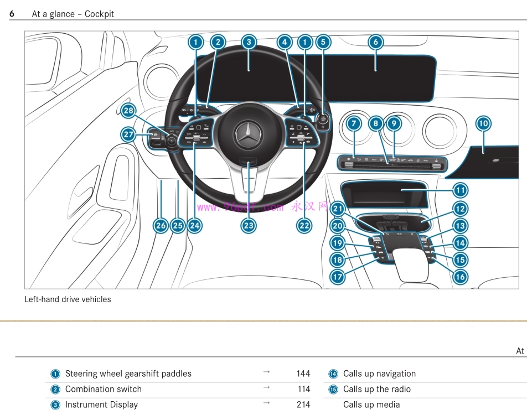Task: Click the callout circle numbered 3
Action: pyautogui.click(x=249, y=42)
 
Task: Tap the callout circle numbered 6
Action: pyautogui.click(x=375, y=42)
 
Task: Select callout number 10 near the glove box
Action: pyautogui.click(x=483, y=123)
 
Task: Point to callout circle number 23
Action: pyautogui.click(x=249, y=225)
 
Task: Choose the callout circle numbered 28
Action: pyautogui.click(x=128, y=111)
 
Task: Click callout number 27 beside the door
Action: pyautogui.click(x=128, y=134)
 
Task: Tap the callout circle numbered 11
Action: pyautogui.click(x=460, y=190)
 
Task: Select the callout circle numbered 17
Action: pyautogui.click(x=338, y=276)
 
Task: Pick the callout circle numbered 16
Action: pyautogui.click(x=460, y=276)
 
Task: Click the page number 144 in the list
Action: pyautogui.click(x=303, y=373)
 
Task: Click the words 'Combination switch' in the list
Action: pyautogui.click(x=104, y=389)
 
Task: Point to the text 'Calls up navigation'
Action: pyautogui.click(x=379, y=373)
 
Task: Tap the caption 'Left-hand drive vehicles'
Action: pyautogui.click(x=68, y=299)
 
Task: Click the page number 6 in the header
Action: pyautogui.click(x=12, y=14)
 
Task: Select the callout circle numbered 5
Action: pyautogui.click(x=323, y=42)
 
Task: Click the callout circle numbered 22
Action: pyautogui.click(x=304, y=225)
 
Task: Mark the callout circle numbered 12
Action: pyautogui.click(x=460, y=209)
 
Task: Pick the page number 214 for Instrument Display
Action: pyautogui.click(x=303, y=404)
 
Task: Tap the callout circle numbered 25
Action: pyautogui.click(x=178, y=225)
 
